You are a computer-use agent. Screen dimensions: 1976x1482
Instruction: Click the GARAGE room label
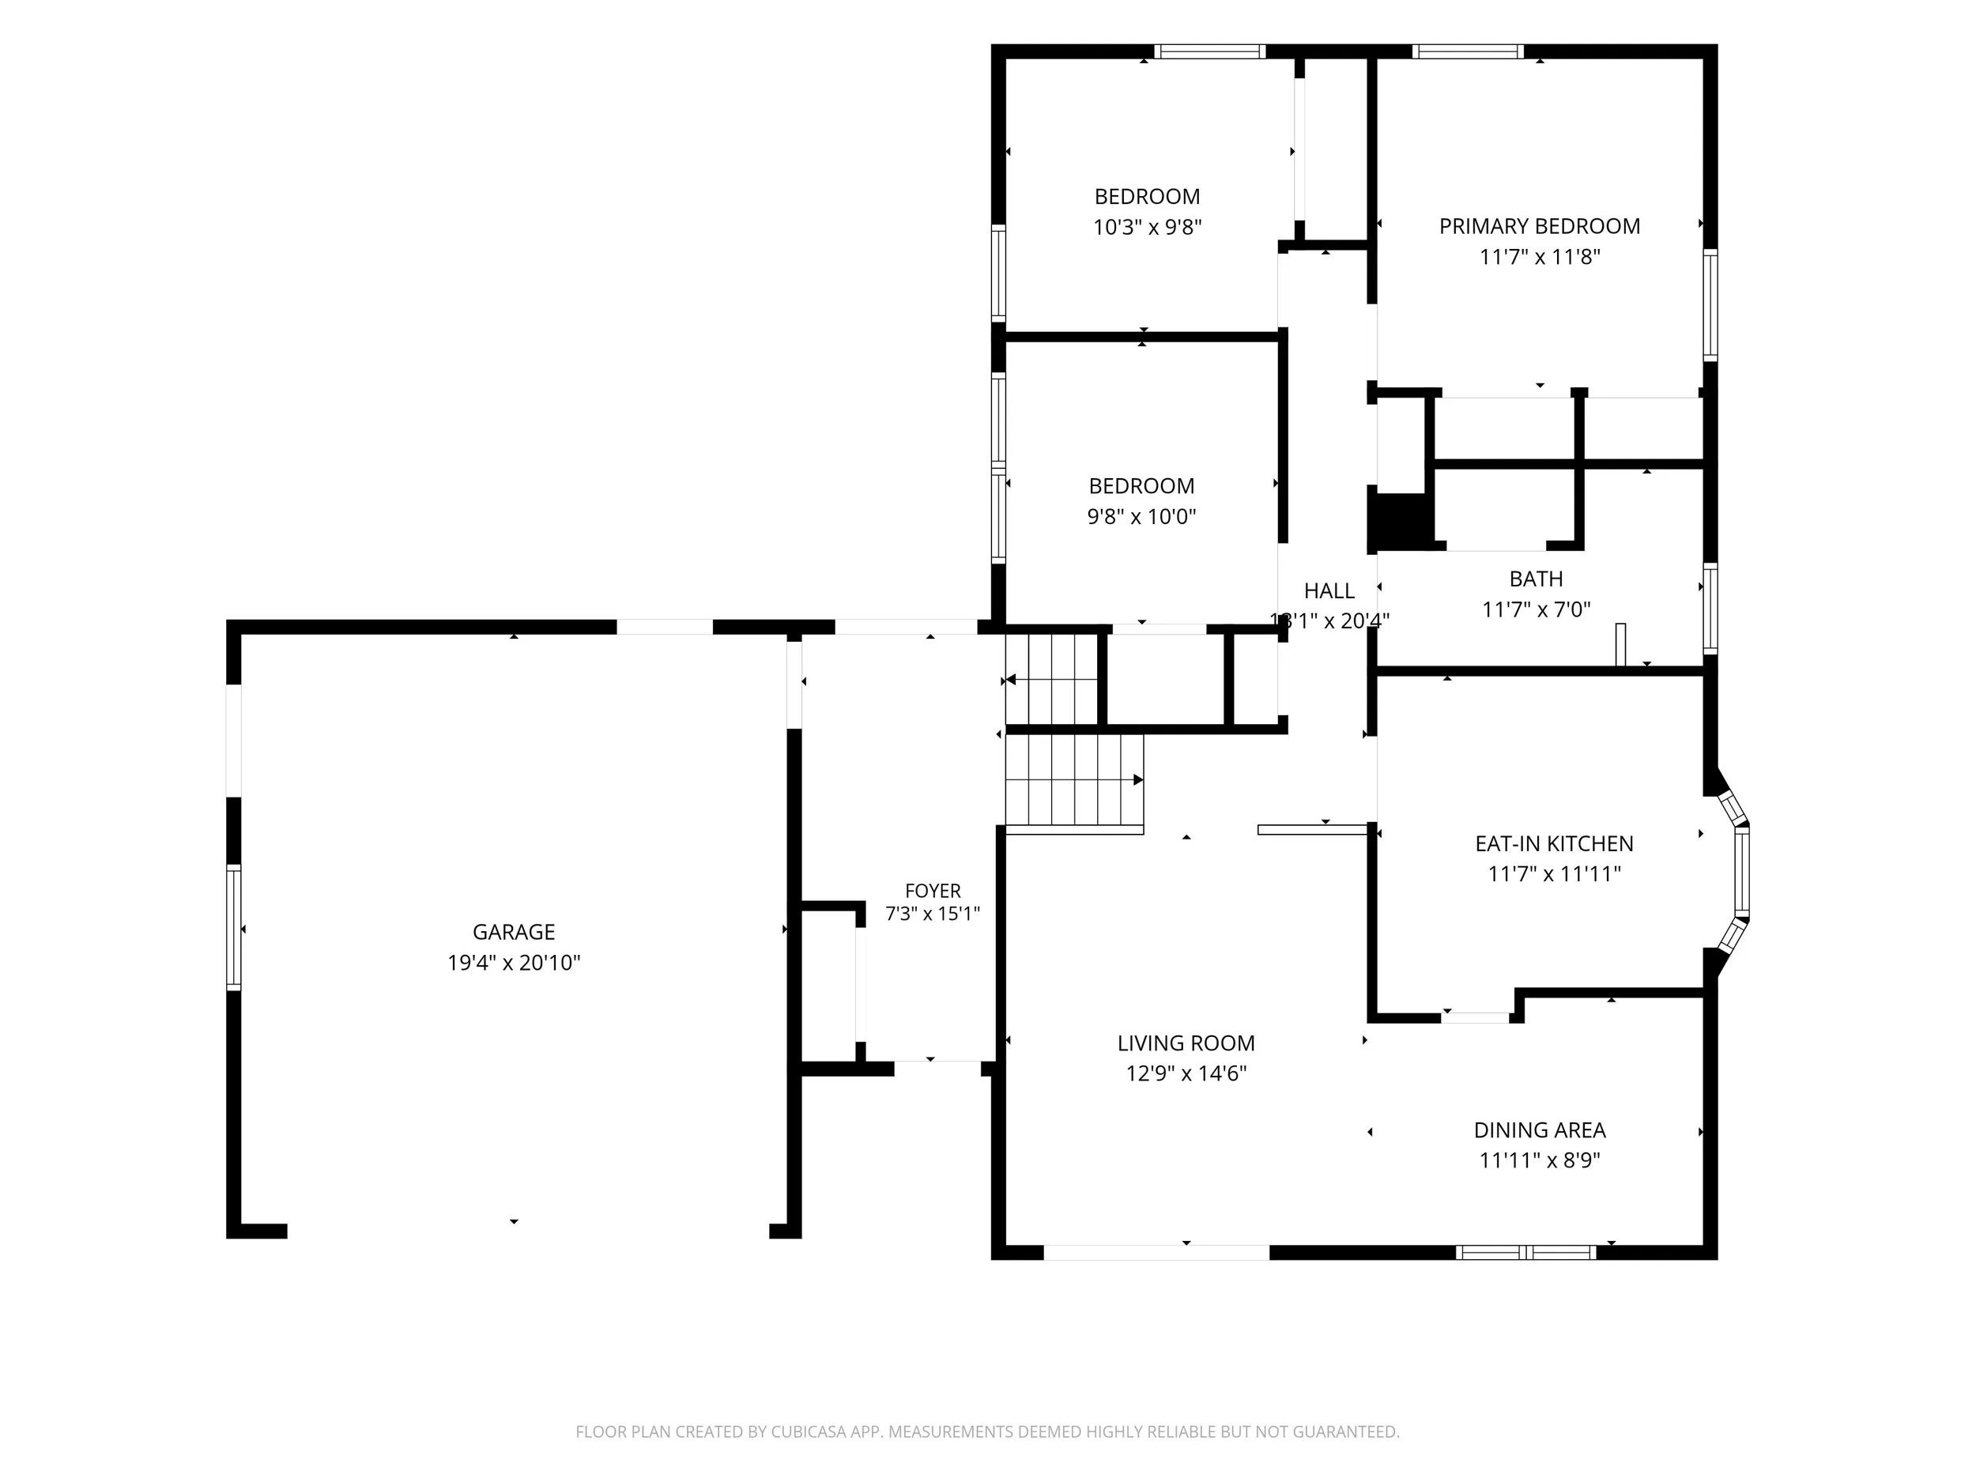coord(514,932)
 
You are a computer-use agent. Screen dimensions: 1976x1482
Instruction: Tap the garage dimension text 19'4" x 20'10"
coord(514,962)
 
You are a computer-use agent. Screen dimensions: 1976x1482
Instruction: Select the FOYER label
coord(933,891)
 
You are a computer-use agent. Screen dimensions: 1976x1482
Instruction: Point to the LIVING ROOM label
coord(1186,1043)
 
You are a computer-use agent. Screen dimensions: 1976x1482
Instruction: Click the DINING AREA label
coord(1539,1130)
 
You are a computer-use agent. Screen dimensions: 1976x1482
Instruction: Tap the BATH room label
coord(1536,579)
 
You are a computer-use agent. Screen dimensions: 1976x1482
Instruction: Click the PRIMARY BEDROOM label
coord(1539,226)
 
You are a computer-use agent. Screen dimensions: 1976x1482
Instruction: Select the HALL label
coord(1329,590)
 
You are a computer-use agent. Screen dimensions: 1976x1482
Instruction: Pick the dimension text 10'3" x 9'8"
coord(1147,227)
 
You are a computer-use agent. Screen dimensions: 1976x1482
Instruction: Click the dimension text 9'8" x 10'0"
coord(1141,516)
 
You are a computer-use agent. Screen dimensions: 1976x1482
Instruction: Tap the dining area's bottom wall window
coord(1525,1253)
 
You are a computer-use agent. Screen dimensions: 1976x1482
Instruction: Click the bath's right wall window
coord(1710,608)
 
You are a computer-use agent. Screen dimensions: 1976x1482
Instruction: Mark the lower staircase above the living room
coord(1075,783)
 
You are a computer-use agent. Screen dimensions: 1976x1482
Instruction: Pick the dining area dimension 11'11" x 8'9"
coord(1539,1160)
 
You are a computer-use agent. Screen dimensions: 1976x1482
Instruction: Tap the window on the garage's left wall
coord(234,927)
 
